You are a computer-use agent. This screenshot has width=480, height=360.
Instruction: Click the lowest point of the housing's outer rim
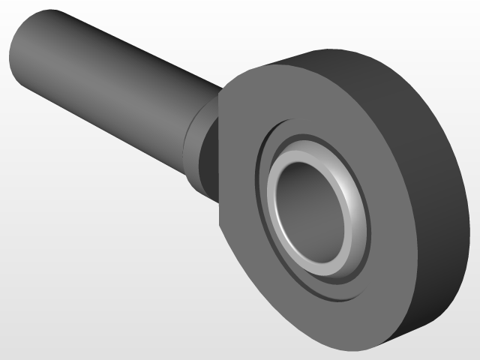352,352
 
